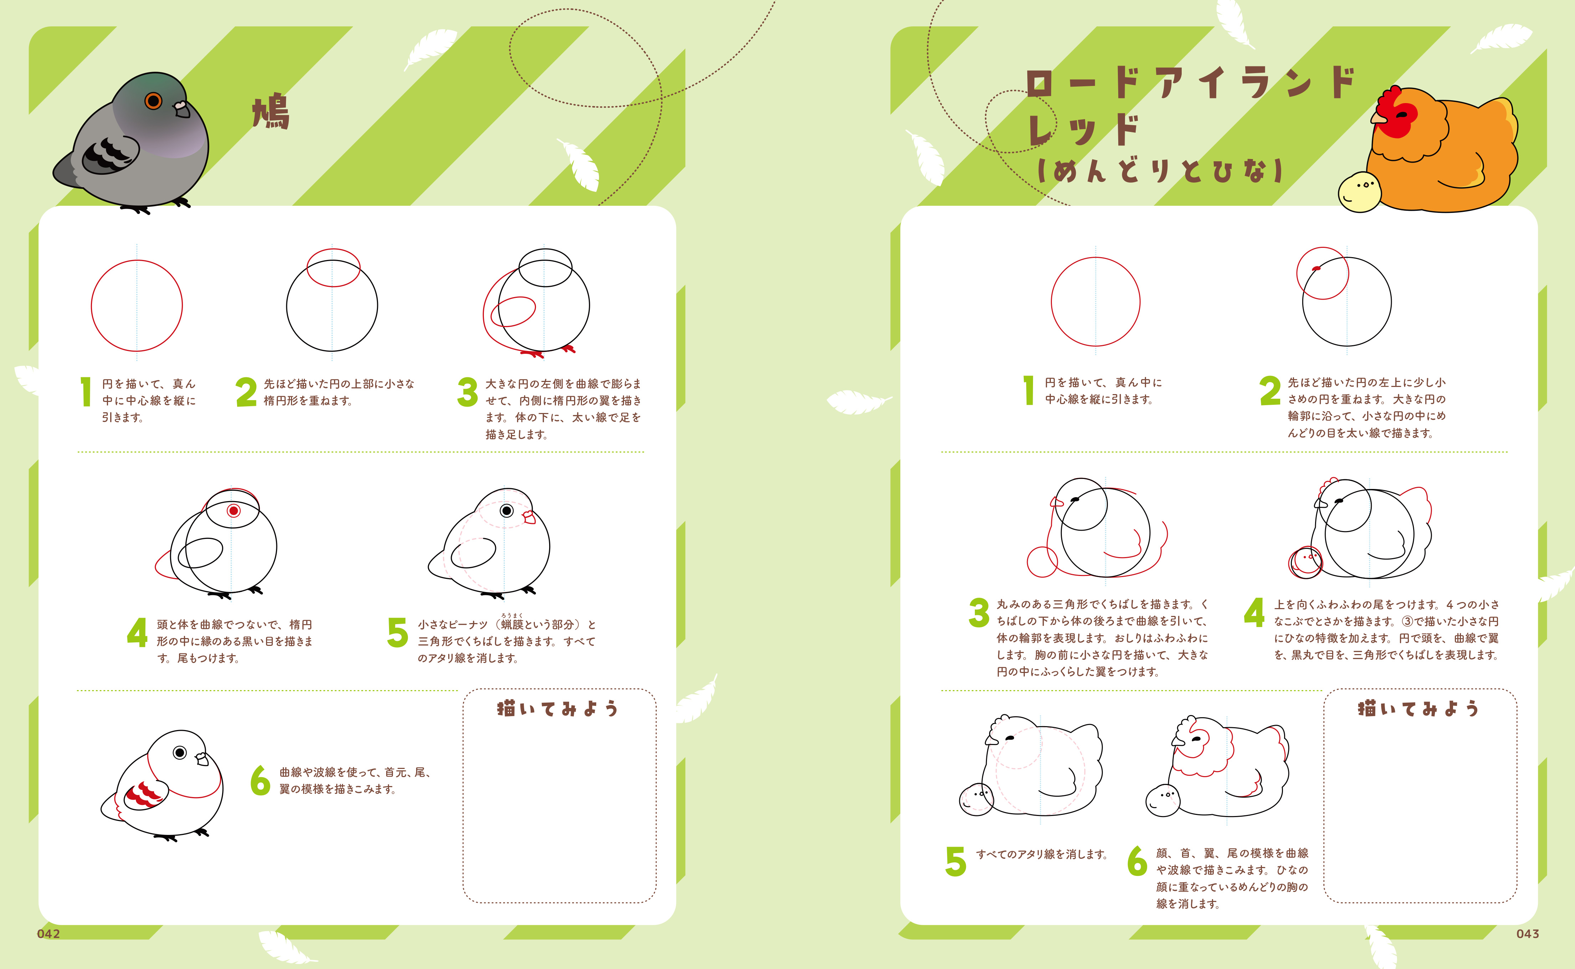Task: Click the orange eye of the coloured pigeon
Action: point(153,101)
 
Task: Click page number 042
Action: point(49,934)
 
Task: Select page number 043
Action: point(1528,934)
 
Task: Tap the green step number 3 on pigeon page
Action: point(467,392)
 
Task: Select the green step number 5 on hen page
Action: point(955,861)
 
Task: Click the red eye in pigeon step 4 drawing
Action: point(233,511)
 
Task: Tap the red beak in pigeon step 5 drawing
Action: point(529,517)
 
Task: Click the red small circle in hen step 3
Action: point(1042,562)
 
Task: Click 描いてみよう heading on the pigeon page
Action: point(557,708)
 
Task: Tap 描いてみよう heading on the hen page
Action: point(1418,708)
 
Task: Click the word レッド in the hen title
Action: point(1083,130)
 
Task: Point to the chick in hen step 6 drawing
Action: point(1163,800)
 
